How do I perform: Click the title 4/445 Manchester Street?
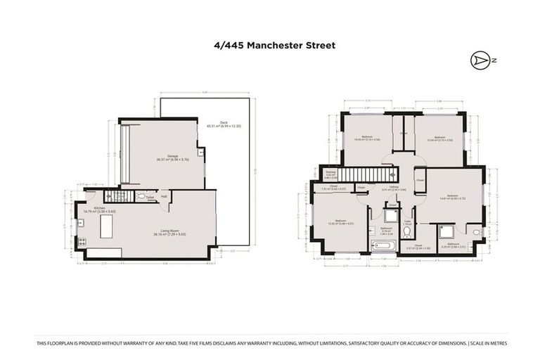(275, 45)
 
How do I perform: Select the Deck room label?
(224, 124)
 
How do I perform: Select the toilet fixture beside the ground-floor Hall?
(140, 197)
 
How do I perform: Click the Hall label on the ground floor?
(163, 197)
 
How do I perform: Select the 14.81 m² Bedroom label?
(451, 196)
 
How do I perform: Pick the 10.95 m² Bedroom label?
(367, 138)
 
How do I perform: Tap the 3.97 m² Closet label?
(418, 247)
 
